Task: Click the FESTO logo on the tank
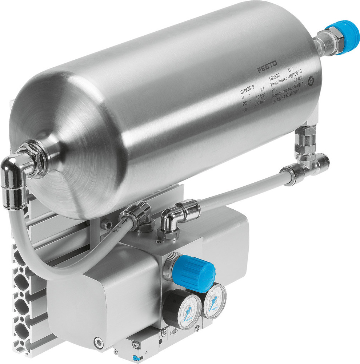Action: (267, 67)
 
